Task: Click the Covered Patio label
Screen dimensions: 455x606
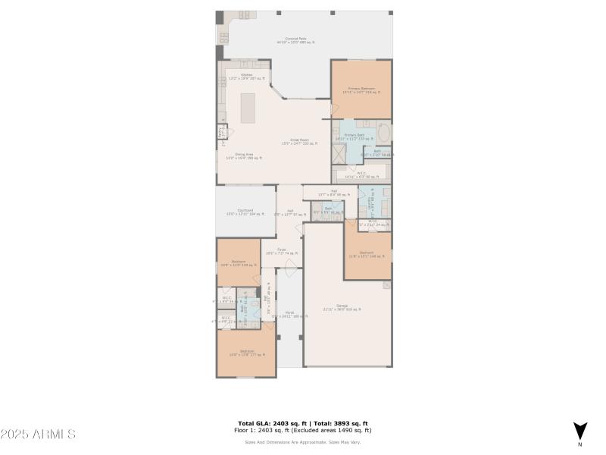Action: (295, 40)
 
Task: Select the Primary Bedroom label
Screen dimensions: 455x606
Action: (361, 90)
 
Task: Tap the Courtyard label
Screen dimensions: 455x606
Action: (245, 212)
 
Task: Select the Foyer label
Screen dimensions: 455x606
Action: (281, 251)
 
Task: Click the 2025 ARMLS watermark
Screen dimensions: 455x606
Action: (38, 435)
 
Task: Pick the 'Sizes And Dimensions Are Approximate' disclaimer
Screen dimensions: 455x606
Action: (303, 442)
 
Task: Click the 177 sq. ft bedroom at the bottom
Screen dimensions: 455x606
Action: (246, 353)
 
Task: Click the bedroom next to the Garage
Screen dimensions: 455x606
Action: (367, 254)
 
